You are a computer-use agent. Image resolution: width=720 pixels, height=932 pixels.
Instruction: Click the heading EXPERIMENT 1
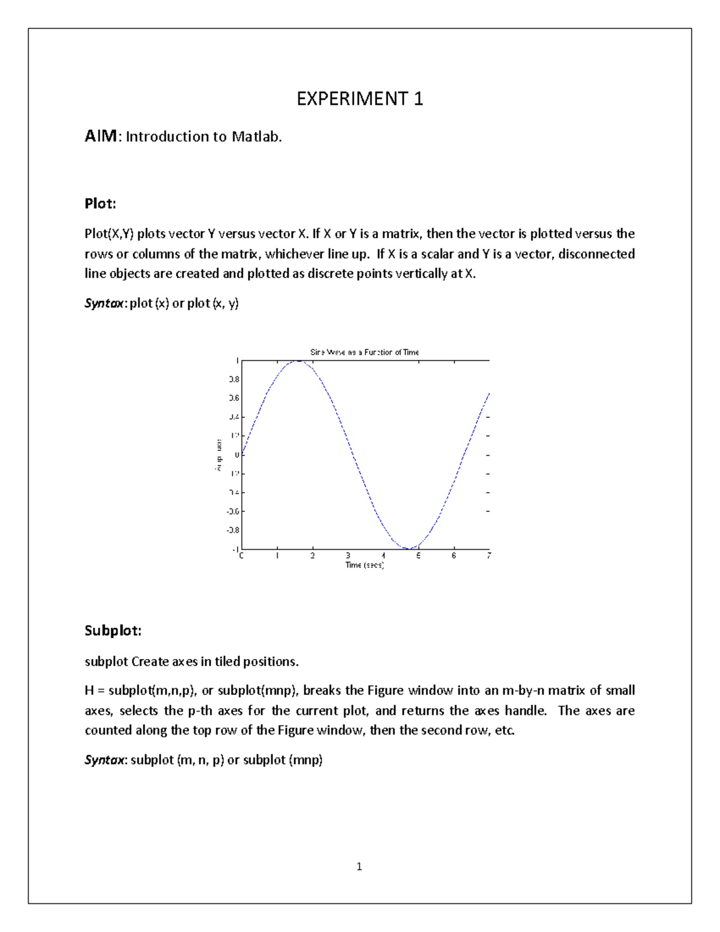click(x=359, y=99)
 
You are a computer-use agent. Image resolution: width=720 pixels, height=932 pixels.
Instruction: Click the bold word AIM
click(x=101, y=136)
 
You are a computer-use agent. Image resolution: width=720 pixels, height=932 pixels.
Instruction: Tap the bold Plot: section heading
click(x=100, y=203)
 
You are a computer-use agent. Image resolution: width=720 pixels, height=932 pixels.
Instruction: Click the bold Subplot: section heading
click(x=113, y=631)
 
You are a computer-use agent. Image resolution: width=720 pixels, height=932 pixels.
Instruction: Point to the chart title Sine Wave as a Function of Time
click(x=364, y=352)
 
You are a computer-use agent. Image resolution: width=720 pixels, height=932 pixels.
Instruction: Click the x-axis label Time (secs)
click(x=364, y=565)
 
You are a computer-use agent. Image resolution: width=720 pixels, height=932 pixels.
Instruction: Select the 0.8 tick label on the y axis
click(x=233, y=379)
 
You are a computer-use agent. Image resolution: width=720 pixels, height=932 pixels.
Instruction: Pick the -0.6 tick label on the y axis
click(x=232, y=511)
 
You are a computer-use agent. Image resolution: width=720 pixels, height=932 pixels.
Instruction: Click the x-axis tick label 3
click(x=347, y=556)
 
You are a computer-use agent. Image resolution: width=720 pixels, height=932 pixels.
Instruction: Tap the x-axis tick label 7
click(x=489, y=556)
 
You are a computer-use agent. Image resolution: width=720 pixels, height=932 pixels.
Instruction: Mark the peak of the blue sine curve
click(x=297, y=361)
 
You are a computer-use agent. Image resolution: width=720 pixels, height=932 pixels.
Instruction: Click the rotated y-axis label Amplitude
click(x=219, y=455)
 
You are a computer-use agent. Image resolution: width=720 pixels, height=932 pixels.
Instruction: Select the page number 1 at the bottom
click(x=359, y=866)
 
